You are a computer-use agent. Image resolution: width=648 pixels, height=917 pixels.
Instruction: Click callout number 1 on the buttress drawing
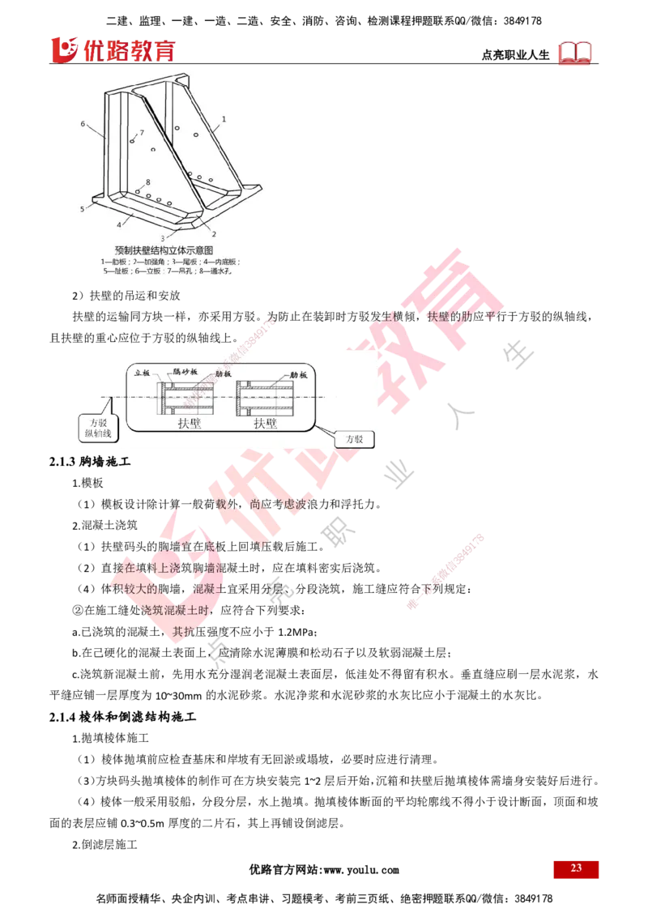[224, 118]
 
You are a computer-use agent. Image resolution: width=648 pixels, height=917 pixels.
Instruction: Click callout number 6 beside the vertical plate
[83, 124]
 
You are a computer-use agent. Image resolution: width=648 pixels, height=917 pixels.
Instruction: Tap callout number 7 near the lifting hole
[142, 132]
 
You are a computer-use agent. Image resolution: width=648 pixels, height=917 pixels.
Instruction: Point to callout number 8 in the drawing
[148, 182]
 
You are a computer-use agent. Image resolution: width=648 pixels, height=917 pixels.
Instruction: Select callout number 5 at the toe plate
[83, 209]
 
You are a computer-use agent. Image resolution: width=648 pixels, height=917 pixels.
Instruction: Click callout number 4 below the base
[119, 224]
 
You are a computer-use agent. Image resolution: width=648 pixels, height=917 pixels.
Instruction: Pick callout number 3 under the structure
[163, 237]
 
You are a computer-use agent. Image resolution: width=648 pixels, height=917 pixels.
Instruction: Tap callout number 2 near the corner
[213, 233]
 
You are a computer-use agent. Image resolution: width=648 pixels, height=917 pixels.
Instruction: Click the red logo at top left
[112, 49]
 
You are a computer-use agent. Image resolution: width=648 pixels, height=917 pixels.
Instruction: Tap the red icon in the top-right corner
[576, 53]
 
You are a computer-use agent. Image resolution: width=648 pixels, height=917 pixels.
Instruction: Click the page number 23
[576, 868]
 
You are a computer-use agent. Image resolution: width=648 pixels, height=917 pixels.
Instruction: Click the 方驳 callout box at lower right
[354, 439]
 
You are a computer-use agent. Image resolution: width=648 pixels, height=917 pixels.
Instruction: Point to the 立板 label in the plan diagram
[143, 373]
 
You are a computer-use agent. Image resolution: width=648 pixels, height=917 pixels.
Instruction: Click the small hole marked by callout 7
[131, 141]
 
